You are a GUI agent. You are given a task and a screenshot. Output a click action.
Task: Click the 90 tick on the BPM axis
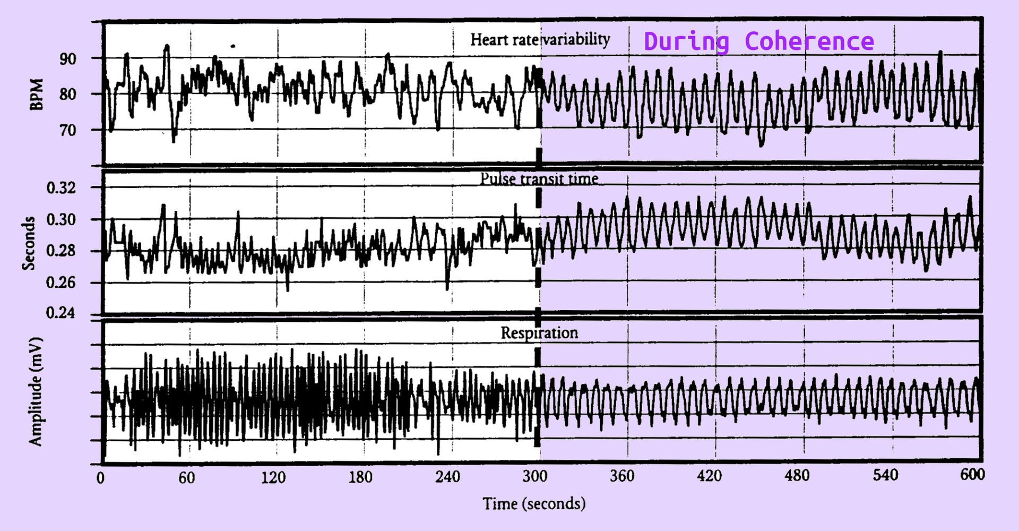coord(67,59)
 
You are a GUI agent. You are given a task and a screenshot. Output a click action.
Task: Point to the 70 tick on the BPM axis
coord(67,130)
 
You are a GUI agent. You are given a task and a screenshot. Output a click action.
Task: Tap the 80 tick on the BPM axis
coord(67,95)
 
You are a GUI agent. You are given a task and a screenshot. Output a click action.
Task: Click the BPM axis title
coord(36,95)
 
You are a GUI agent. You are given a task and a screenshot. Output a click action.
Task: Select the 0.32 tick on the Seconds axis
coord(61,188)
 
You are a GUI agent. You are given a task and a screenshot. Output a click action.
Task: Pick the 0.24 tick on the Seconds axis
coord(61,313)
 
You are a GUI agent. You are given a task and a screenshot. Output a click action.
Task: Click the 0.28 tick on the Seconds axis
coord(61,251)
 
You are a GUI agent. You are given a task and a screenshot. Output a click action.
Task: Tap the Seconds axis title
coord(28,243)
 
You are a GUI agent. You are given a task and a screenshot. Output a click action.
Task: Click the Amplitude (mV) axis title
coord(35,391)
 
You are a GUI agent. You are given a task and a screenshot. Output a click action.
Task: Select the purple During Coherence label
coord(758,41)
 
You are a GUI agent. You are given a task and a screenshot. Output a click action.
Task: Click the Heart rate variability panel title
coord(540,39)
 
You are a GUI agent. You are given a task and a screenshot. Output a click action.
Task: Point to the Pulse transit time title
coord(539,179)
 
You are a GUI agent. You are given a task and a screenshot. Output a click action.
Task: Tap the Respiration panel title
coord(539,333)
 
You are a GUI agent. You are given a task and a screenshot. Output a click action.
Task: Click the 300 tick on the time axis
coord(534,476)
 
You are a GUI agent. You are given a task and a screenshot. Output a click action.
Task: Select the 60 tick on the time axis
coord(186,478)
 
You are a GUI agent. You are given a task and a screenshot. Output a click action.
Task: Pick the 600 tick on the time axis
coord(972,474)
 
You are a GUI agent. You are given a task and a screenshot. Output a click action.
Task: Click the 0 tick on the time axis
coord(100,478)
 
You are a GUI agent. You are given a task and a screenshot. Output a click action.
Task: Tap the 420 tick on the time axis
coord(709,476)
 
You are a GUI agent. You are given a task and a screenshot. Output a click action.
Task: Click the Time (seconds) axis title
coord(534,503)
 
